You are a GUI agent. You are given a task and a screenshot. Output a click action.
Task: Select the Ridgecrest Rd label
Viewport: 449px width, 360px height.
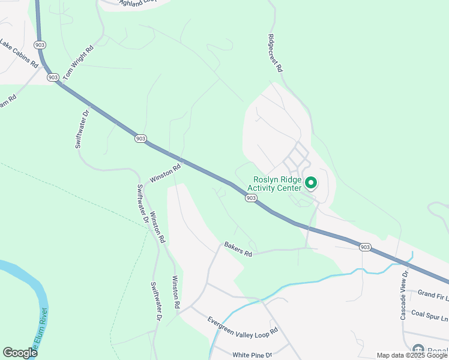274,53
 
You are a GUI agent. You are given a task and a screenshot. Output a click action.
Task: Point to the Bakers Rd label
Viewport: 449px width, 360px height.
238,249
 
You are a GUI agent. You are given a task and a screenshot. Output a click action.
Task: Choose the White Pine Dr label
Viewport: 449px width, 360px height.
252,355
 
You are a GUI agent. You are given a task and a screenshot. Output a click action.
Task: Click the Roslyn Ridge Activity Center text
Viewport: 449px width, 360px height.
277,184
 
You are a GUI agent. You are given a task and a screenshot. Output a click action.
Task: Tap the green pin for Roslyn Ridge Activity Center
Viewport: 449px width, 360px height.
311,182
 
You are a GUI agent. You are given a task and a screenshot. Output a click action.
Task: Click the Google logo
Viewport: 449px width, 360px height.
20,353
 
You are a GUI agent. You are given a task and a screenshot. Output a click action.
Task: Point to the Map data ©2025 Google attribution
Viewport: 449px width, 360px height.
412,355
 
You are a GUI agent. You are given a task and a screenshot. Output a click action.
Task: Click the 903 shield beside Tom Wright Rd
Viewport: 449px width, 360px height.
53,77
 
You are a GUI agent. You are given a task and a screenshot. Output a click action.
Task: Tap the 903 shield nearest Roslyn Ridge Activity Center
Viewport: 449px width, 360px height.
252,198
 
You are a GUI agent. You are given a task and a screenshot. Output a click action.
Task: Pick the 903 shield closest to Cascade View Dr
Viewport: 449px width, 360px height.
365,247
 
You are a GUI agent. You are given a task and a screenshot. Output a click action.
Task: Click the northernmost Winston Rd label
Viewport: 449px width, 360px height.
166,175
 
